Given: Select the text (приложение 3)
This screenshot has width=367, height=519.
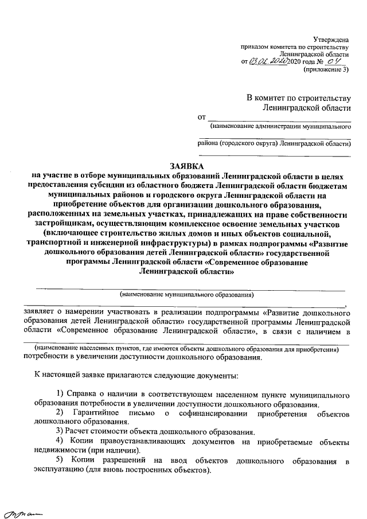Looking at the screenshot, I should tap(329, 70).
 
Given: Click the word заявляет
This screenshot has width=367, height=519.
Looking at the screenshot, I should tap(38, 313).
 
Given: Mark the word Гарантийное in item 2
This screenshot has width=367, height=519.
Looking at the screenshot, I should tap(104, 413).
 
